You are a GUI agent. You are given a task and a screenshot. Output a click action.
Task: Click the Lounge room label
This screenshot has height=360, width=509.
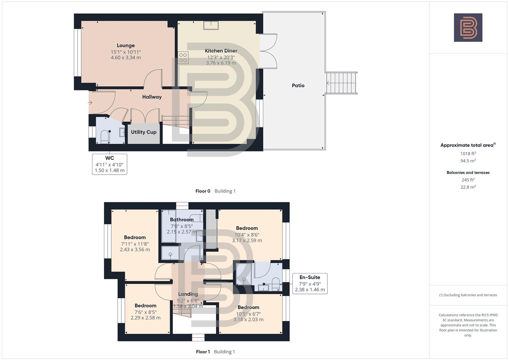[126, 45]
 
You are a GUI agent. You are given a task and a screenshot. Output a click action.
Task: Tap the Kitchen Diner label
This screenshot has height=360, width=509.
[221, 51]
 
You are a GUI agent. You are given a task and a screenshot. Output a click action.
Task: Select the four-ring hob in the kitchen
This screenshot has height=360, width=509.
[183, 58]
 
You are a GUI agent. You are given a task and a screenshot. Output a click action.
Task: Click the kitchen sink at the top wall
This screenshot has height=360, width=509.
[211, 25]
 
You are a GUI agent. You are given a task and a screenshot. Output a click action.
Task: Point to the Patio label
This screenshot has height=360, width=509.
[298, 85]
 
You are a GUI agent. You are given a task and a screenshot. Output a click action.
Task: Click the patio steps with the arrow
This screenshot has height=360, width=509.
[341, 83]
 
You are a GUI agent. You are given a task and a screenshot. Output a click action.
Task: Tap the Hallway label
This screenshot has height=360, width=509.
[152, 97]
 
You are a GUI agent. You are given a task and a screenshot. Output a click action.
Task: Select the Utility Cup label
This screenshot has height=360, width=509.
[144, 132]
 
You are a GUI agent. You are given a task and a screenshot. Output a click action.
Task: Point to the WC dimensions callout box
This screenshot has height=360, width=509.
[110, 164]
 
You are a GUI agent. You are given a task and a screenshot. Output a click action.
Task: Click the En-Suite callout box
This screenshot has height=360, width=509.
[310, 283]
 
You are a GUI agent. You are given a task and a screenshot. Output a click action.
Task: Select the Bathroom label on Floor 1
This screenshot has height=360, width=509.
[182, 219]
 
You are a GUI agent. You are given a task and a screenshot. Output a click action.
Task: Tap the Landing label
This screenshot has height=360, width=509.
[188, 294]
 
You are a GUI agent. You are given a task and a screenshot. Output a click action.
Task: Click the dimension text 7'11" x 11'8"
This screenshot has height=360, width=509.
[135, 244]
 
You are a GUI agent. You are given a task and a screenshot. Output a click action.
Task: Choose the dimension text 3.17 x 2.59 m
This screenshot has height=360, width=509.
[247, 240]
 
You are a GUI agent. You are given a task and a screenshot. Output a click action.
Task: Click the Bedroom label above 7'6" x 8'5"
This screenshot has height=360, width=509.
[145, 305]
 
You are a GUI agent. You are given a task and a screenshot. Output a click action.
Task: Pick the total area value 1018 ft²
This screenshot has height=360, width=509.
[468, 153]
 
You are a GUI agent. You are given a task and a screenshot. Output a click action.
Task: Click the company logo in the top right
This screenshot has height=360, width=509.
[468, 27]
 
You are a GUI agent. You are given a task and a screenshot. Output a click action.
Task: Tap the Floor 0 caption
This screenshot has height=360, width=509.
[203, 191]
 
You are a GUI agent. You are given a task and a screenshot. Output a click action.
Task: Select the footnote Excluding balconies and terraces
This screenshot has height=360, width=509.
[468, 295]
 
